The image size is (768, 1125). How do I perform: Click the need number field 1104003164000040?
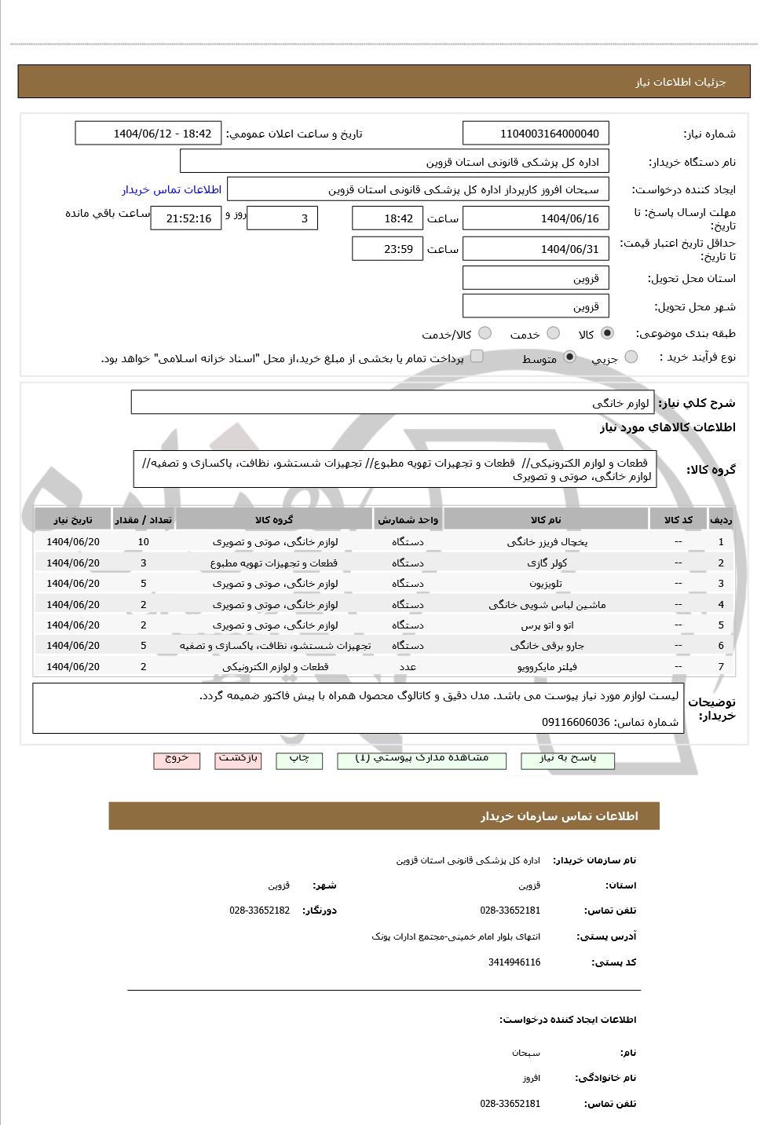(x=536, y=134)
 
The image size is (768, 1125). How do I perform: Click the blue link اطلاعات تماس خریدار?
(x=171, y=189)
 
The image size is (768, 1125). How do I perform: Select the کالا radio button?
(x=607, y=334)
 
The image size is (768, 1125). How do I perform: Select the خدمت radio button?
(x=553, y=334)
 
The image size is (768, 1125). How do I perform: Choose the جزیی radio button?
(x=631, y=357)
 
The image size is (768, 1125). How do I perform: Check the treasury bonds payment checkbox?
(x=477, y=357)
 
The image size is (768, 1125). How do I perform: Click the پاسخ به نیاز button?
(x=568, y=760)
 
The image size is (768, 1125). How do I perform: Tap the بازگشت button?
(x=240, y=760)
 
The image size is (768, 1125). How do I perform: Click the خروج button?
(x=177, y=760)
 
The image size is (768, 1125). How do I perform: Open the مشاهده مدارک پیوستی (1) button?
(x=422, y=760)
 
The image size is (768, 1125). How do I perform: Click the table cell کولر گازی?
(x=547, y=563)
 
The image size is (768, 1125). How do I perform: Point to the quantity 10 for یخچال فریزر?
(x=143, y=542)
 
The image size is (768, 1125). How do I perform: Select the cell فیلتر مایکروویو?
(x=547, y=667)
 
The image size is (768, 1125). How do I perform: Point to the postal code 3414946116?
(x=514, y=962)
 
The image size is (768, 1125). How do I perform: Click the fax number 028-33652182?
(x=260, y=911)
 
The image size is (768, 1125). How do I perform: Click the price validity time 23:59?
(x=387, y=249)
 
